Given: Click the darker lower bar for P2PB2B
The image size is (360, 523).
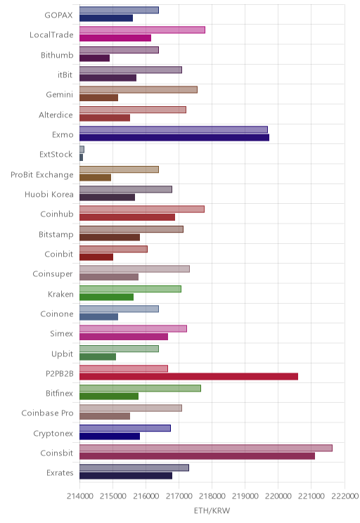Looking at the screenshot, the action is pyautogui.click(x=188, y=377).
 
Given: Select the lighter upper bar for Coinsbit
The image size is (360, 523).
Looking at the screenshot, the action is pyautogui.click(x=206, y=448).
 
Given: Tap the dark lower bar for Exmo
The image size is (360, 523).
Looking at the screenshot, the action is pyautogui.click(x=174, y=137).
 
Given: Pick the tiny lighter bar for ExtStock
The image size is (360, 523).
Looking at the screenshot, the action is pyautogui.click(x=82, y=150).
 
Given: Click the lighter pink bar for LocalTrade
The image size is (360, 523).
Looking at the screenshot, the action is pyautogui.click(x=142, y=30).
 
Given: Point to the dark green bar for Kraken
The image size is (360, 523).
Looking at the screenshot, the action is pyautogui.click(x=106, y=297).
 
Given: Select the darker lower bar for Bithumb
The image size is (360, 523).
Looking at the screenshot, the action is pyautogui.click(x=94, y=58).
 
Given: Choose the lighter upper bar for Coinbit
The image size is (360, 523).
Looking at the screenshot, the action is pyautogui.click(x=113, y=249).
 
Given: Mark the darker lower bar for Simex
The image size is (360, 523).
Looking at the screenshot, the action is pyautogui.click(x=124, y=337).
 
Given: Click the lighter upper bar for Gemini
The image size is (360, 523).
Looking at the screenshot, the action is pyautogui.click(x=139, y=90).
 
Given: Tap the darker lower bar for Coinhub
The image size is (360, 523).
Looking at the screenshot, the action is pyautogui.click(x=127, y=217).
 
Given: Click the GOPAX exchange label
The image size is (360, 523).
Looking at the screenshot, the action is pyautogui.click(x=58, y=15).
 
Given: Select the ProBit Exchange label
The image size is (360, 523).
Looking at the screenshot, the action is pyautogui.click(x=41, y=175).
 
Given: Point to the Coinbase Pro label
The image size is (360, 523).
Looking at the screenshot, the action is pyautogui.click(x=47, y=413).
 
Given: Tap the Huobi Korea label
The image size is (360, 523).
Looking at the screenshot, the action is pyautogui.click(x=49, y=194).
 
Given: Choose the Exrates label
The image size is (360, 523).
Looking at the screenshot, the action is pyautogui.click(x=60, y=472).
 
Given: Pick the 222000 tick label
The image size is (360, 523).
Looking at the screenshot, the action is pyautogui.click(x=345, y=496).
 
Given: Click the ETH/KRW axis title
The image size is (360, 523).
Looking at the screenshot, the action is pyautogui.click(x=212, y=510).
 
